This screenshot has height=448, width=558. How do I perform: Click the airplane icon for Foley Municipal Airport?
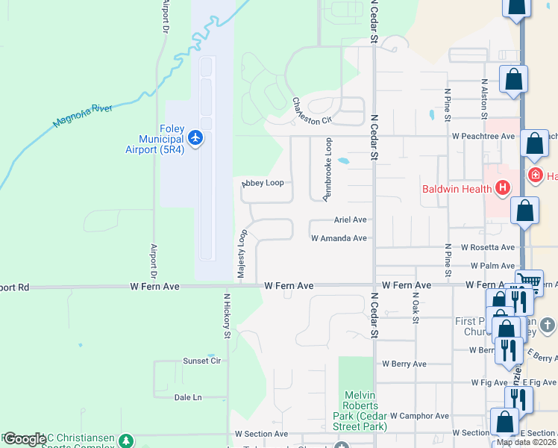click(195, 138)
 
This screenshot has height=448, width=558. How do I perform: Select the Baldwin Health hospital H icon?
click(503, 187)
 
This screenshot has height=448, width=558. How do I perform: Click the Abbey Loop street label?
click(263, 182)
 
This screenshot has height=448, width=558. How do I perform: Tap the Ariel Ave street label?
click(350, 220)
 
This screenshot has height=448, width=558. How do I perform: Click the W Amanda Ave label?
click(339, 238)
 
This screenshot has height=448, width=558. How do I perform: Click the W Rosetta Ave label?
click(488, 247)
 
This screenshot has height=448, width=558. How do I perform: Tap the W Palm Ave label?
click(492, 266)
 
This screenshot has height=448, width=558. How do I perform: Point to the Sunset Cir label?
click(202, 361)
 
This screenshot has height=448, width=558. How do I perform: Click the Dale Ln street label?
click(188, 398)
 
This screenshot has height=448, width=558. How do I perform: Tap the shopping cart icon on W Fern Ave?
click(529, 281)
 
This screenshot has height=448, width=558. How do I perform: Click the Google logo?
click(25, 439)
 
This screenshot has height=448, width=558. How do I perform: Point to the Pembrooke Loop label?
click(327, 169)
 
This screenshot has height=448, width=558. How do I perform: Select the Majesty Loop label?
click(242, 255)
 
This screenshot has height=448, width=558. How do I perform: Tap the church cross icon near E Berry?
click(548, 325)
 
